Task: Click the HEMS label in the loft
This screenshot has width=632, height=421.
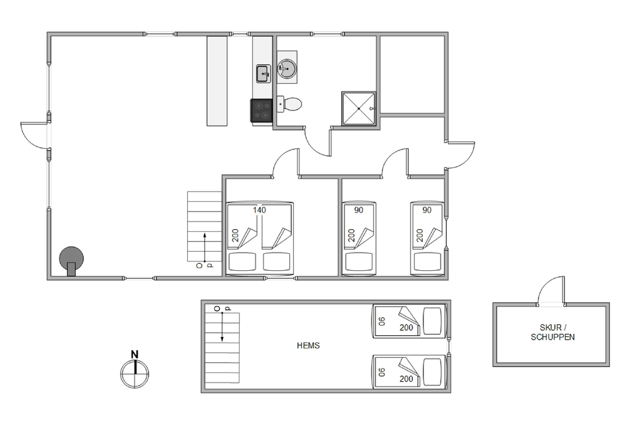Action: pos(308,345)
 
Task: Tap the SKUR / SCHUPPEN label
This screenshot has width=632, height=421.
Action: pos(552,333)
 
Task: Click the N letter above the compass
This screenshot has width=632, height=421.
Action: pos(135,355)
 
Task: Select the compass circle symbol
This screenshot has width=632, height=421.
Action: pos(135,374)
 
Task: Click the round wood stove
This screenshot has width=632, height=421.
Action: pos(71,259)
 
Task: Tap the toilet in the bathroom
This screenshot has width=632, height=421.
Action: pos(289,104)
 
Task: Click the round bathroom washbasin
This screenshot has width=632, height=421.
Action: pos(287,67)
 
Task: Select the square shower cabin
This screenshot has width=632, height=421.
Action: pos(359,109)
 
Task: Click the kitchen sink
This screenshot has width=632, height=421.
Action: pos(264,74)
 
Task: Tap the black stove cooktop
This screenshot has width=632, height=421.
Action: pos(261,110)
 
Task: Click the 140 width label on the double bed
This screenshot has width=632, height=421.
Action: pos(260,210)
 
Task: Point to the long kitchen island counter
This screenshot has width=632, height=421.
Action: pos(217,81)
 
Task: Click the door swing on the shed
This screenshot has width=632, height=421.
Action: pos(551,290)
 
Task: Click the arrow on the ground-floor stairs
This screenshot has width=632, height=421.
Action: pos(205,247)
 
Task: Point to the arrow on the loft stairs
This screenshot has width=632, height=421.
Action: pos(222,327)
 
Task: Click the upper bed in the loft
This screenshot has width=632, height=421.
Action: pos(410,321)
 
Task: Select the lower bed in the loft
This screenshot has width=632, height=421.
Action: pos(410,372)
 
